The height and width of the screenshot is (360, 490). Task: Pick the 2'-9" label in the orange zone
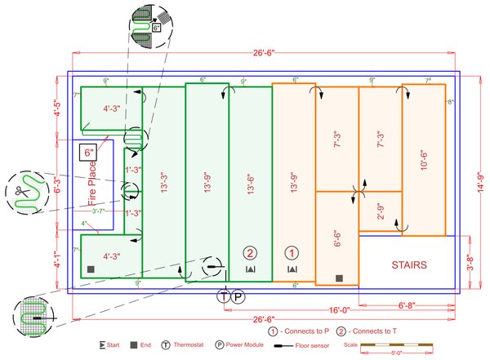coord(379,210)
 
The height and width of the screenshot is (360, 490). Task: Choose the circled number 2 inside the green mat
coord(250,252)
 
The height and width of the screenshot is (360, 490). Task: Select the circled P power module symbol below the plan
coord(238,297)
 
